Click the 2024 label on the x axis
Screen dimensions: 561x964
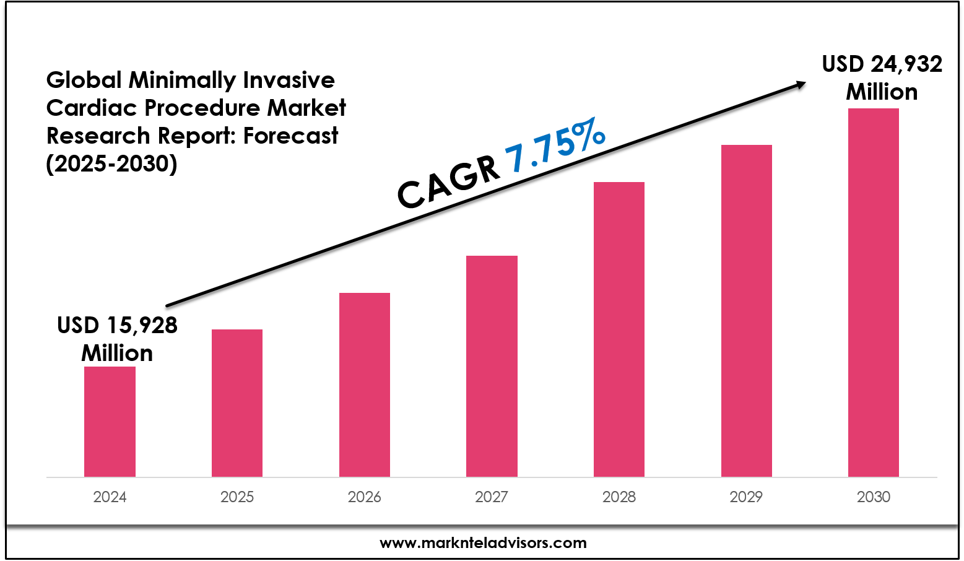tap(110, 497)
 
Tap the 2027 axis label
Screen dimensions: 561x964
tap(492, 497)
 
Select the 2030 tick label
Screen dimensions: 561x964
tap(874, 497)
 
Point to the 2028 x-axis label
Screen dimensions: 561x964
tap(619, 497)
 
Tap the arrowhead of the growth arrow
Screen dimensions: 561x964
tap(801, 85)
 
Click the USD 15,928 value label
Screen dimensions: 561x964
tap(117, 326)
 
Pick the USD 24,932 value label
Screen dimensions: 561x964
tap(882, 64)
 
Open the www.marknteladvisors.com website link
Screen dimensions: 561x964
tap(483, 543)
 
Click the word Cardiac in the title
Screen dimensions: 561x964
tap(91, 108)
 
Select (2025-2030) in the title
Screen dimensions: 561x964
tap(111, 163)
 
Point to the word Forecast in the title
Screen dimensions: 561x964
tap(290, 136)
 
